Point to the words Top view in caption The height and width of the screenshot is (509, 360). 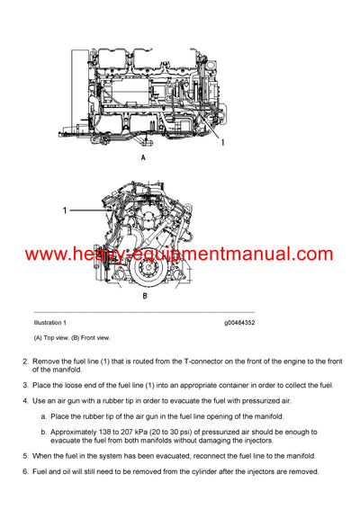pos(63,337)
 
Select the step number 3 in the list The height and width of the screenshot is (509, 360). pos(24,385)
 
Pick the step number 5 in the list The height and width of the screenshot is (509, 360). pos(24,457)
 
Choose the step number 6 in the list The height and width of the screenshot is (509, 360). pos(24,472)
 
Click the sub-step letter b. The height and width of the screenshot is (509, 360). pos(43,433)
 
